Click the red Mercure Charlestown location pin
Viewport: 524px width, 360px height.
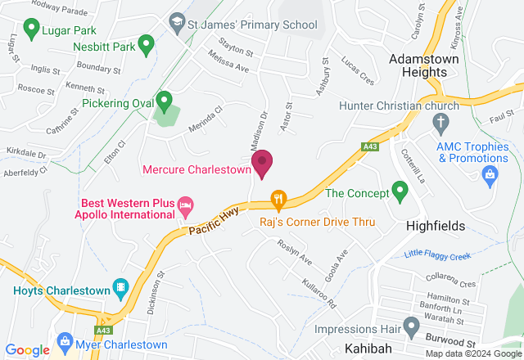(262, 163)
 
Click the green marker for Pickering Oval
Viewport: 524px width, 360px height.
(164, 101)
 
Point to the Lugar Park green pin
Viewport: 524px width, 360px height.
(31, 30)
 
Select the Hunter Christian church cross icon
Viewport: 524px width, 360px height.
(440, 124)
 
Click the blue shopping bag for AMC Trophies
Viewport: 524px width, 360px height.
(490, 173)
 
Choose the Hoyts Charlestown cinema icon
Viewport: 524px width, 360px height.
(120, 289)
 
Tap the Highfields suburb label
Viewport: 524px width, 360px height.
(436, 225)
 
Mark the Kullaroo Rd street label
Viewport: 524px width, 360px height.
(319, 292)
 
